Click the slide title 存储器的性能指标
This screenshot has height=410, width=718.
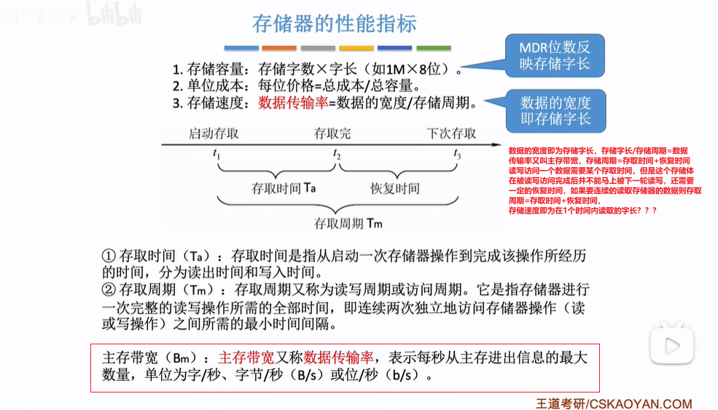coord(334,23)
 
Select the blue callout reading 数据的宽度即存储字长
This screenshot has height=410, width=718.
coord(555,110)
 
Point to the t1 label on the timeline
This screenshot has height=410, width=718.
coord(217,155)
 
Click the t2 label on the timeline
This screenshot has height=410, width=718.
coord(336,155)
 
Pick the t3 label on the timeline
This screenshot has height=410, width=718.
coord(457,155)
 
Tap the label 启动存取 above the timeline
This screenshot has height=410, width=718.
coord(214,134)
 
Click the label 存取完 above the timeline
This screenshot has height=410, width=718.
coord(332,134)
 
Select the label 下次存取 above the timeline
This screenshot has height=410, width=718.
coord(451,134)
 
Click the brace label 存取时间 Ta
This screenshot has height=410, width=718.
coord(283,188)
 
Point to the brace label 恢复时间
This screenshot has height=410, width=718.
coord(394,188)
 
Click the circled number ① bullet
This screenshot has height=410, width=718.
coord(109,257)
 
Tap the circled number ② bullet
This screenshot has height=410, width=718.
coord(109,290)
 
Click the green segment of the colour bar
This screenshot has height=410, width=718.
coord(433,48)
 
